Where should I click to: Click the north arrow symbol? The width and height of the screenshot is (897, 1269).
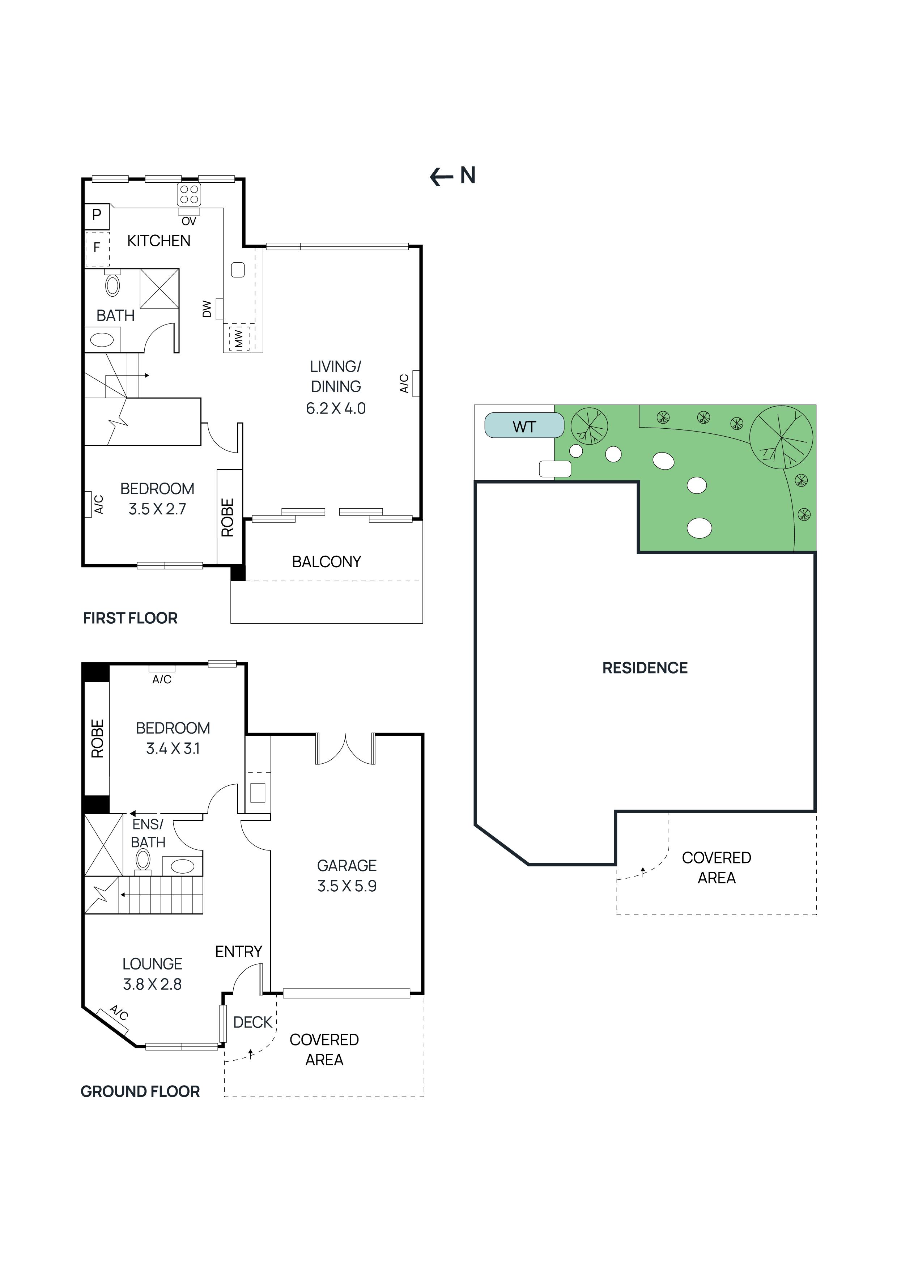point(452,176)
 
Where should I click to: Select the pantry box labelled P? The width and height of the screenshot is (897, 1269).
point(97,215)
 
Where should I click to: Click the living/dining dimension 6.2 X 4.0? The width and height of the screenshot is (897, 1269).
point(336,408)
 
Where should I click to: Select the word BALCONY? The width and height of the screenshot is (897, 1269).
point(326,561)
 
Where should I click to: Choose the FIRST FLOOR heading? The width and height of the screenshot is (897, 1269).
point(131,618)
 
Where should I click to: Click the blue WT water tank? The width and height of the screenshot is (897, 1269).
point(523,426)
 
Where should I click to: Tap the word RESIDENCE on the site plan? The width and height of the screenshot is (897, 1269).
point(645,668)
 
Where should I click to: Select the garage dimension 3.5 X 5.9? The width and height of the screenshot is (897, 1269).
point(347,886)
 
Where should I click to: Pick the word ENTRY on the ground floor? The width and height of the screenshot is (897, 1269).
point(238,951)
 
